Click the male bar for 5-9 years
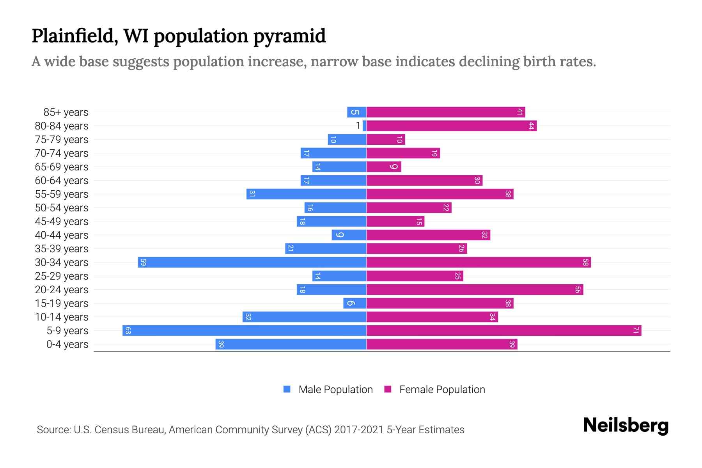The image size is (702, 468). [x=244, y=331]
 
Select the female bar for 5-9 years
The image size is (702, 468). [x=504, y=331]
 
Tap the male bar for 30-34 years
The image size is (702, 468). [x=252, y=262]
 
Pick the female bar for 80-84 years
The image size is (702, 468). [x=451, y=126]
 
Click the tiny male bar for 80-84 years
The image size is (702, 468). [x=364, y=126]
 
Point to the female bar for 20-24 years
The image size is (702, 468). [x=475, y=290]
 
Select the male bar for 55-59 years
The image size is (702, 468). [x=306, y=194]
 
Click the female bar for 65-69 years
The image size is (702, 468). [x=384, y=167]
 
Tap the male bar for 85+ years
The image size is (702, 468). [x=356, y=112]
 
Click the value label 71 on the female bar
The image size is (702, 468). [x=636, y=331]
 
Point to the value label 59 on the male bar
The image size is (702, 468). [x=143, y=262]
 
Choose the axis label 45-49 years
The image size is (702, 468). [x=62, y=222]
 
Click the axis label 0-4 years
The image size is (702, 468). [x=67, y=344]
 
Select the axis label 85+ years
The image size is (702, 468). [x=66, y=112]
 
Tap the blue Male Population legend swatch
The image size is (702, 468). [x=287, y=389]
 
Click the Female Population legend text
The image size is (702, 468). [x=442, y=390]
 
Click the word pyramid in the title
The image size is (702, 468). [x=289, y=36]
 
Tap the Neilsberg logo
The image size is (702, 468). [x=625, y=425]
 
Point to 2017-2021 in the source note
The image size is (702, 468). [x=359, y=430]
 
